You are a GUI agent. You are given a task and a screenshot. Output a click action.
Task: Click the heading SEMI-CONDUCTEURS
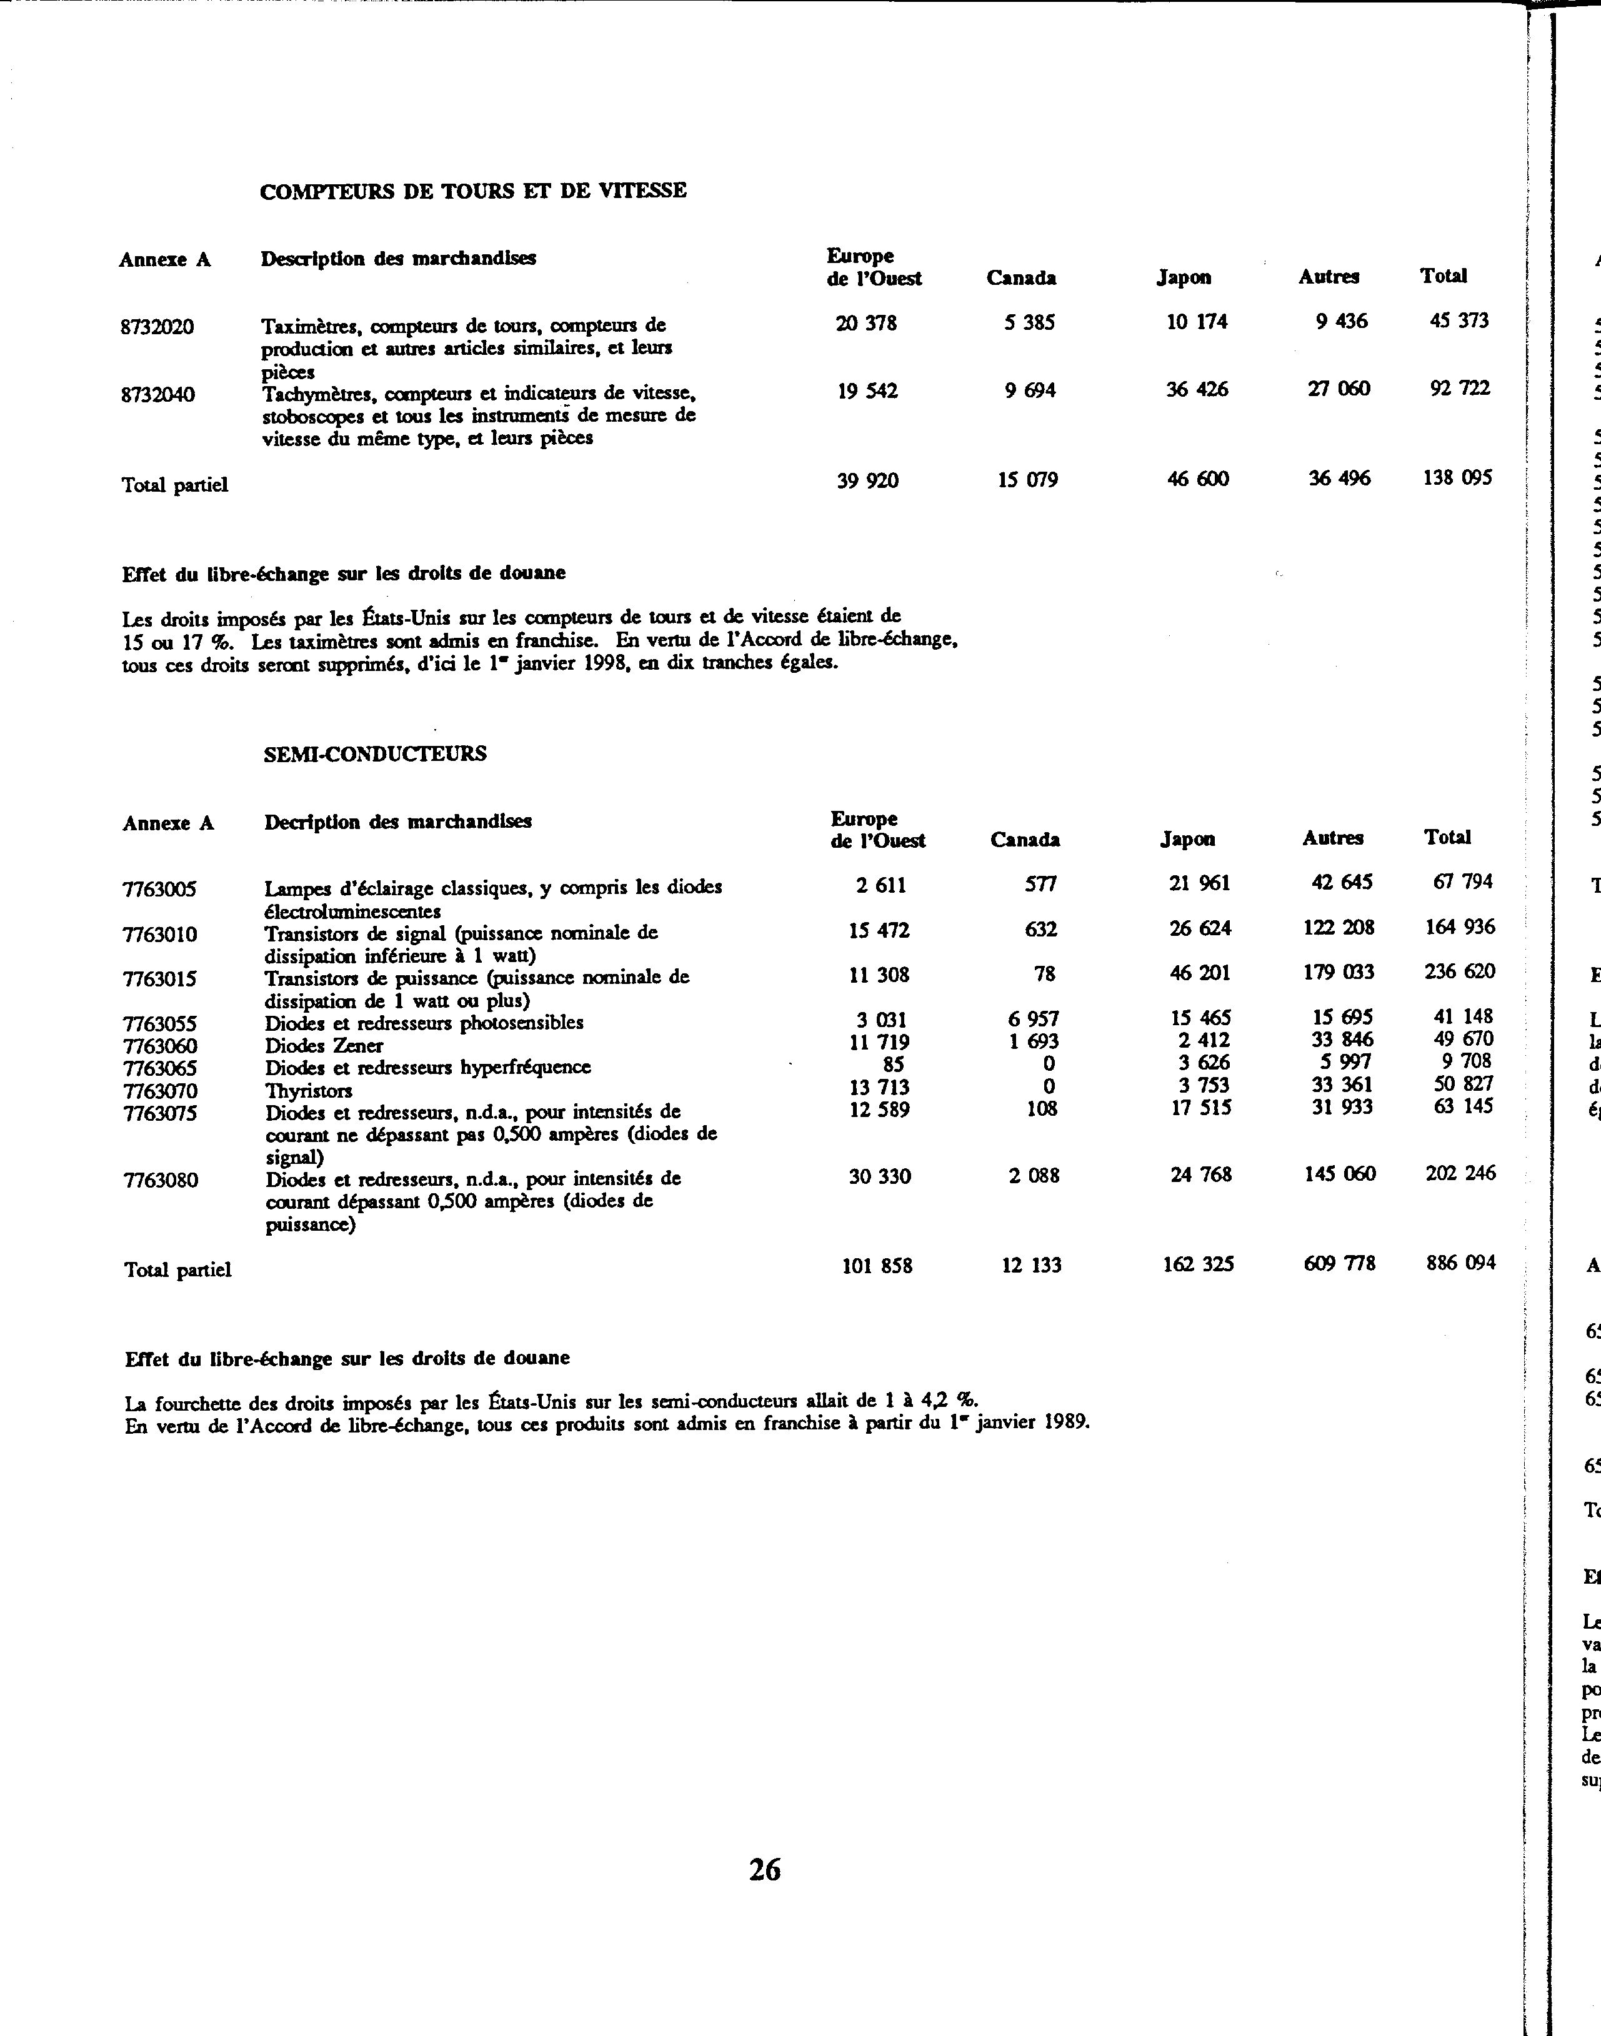(375, 754)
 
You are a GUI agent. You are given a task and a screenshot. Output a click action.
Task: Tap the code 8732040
(157, 394)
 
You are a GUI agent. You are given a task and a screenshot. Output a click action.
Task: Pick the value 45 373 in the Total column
(1459, 321)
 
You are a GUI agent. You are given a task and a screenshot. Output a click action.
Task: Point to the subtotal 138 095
(1457, 478)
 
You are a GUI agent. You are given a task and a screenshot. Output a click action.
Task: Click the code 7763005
(159, 889)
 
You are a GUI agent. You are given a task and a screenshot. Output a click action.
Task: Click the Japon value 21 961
(1199, 883)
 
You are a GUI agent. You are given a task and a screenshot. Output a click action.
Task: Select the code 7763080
(160, 1179)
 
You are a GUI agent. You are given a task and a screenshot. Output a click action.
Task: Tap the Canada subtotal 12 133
(1030, 1265)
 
